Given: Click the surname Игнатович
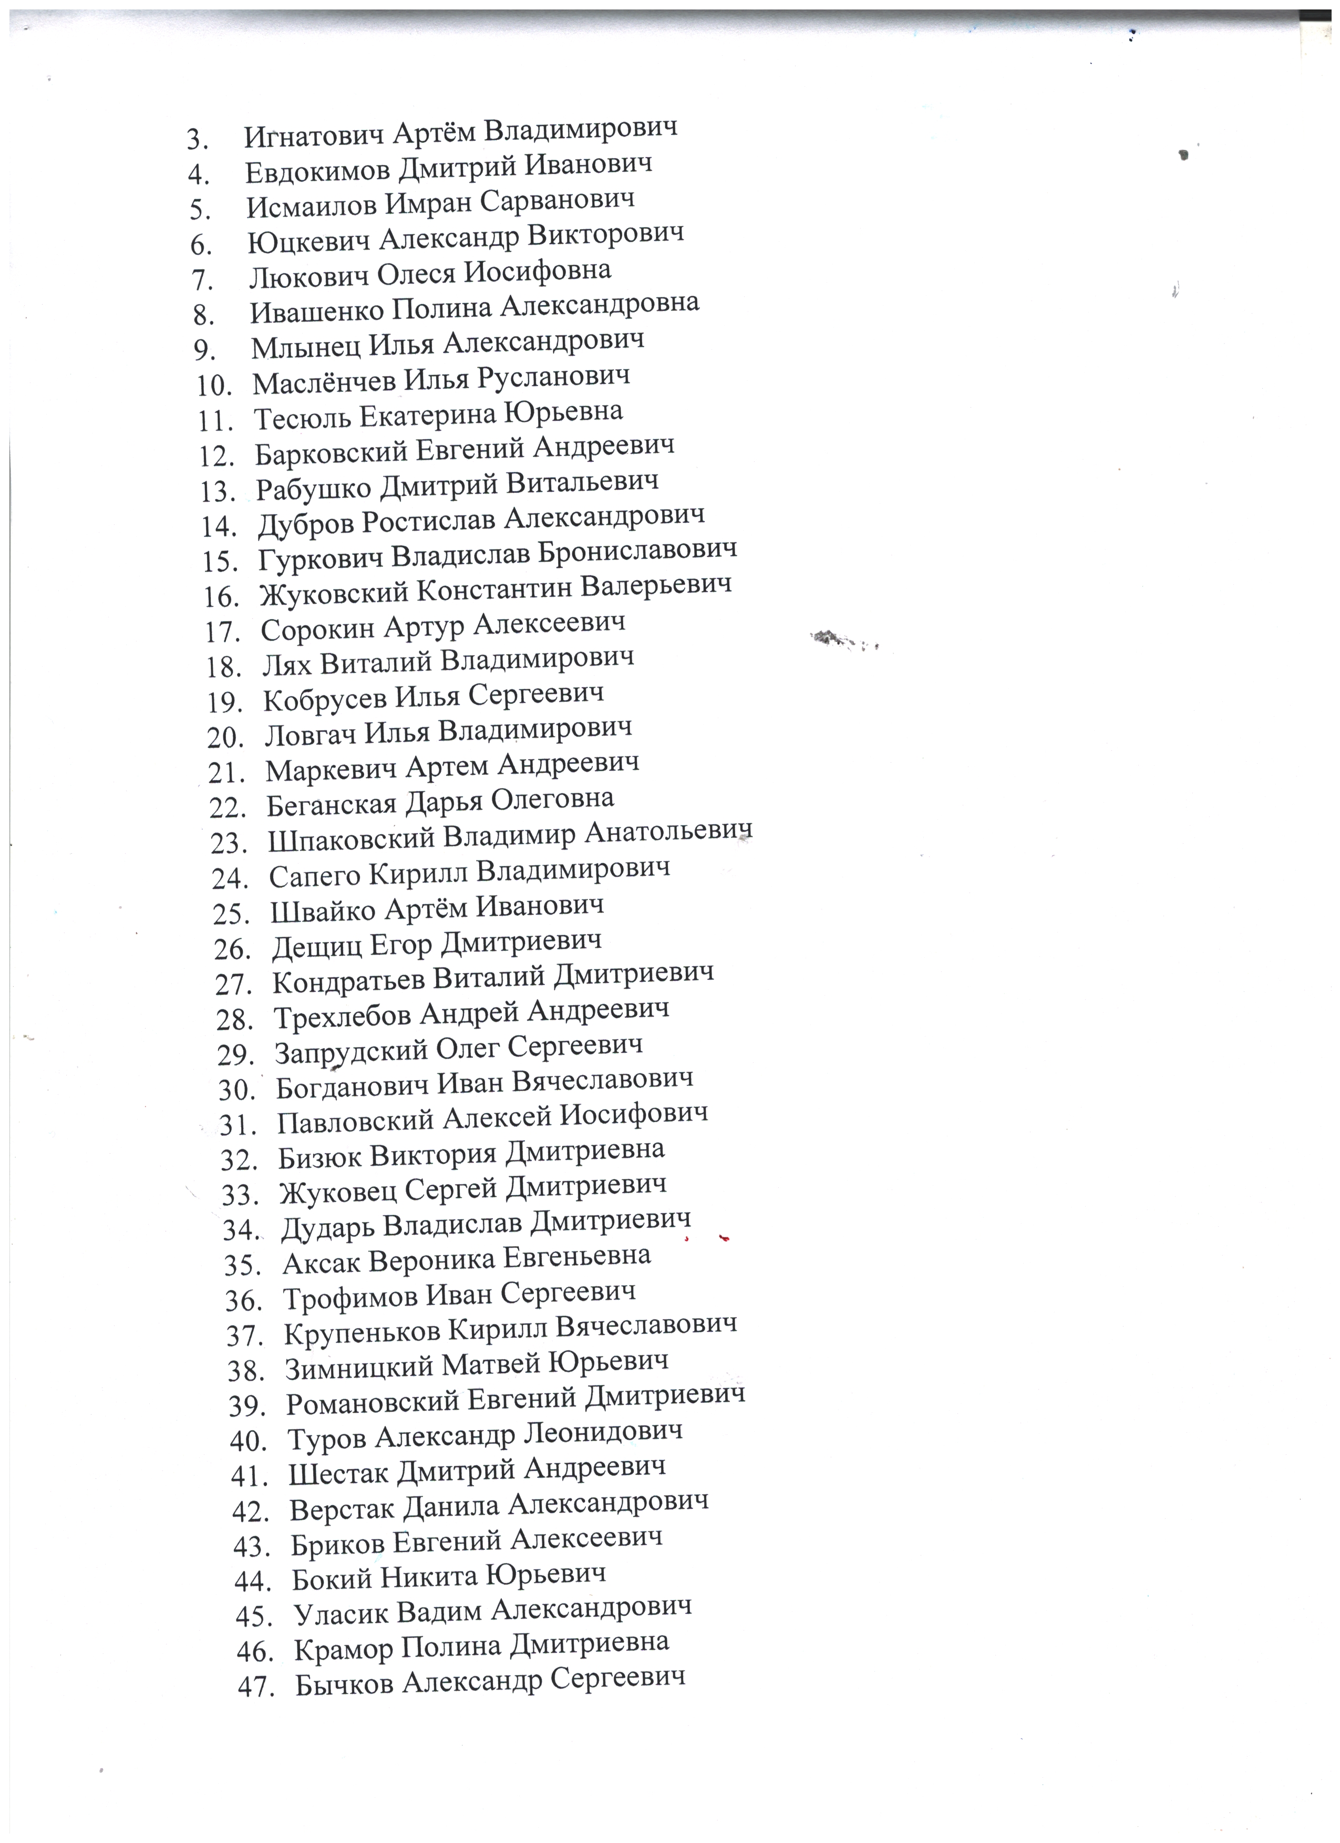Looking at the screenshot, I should [x=314, y=135].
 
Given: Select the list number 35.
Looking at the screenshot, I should [x=241, y=1265].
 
